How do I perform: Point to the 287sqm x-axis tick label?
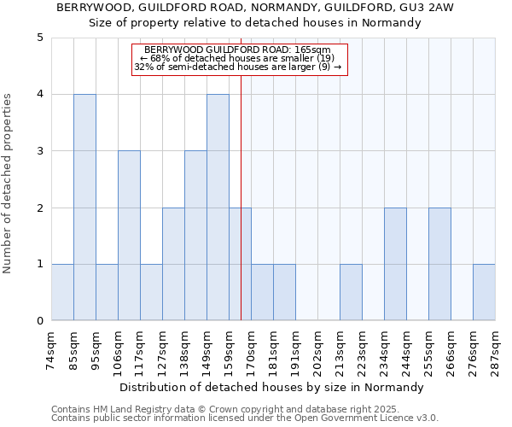(495, 348)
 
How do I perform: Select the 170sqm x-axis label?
(252, 348)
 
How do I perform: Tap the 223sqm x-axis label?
(363, 348)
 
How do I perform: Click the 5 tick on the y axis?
(39, 38)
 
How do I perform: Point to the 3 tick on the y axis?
(39, 151)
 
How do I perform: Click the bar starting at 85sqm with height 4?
(84, 208)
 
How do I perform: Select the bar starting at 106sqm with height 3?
(129, 236)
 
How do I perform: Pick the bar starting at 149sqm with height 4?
(218, 208)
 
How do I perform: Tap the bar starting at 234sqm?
(395, 264)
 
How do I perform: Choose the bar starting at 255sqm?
(439, 264)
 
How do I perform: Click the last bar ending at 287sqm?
(484, 292)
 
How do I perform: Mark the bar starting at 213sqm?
(351, 292)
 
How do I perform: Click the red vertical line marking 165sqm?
(241, 213)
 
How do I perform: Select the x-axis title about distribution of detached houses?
(271, 387)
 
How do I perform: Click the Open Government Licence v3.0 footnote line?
(245, 418)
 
